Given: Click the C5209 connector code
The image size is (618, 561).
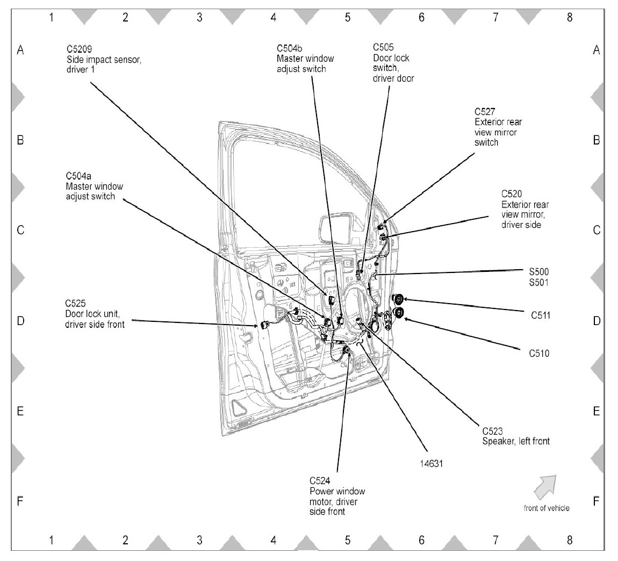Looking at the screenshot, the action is [79, 49].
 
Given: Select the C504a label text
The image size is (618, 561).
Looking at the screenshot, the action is [78, 176].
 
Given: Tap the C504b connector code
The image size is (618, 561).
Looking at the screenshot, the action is [289, 48].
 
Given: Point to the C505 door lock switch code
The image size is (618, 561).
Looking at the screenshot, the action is [383, 47].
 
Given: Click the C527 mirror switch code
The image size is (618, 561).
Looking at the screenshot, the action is [485, 112].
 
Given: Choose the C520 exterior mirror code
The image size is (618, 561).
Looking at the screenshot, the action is [512, 194].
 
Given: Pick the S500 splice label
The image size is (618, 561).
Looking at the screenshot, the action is [539, 271].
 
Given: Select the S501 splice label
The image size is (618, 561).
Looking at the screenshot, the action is [539, 282].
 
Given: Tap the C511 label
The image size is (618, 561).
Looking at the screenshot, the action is [541, 315].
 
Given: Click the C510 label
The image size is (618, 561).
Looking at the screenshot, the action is [539, 353].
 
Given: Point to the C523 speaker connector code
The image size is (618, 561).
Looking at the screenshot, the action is [493, 431].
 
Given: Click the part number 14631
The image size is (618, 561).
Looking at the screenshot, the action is [431, 464].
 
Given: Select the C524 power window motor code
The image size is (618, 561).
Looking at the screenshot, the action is [320, 480].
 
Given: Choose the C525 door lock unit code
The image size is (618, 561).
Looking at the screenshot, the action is [75, 304].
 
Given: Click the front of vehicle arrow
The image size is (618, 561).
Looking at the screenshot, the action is [545, 487].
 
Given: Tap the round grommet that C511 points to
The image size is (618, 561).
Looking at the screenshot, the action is [398, 300].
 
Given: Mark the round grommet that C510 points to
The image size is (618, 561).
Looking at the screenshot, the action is [399, 313].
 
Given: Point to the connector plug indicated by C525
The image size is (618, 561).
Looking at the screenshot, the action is [263, 325].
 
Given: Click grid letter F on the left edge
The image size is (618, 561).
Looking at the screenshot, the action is [20, 501].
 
